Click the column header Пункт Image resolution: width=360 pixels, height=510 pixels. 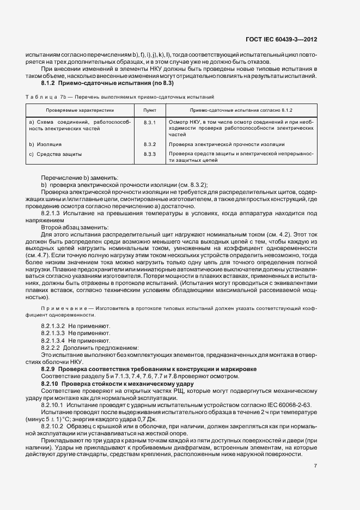tap(149, 110)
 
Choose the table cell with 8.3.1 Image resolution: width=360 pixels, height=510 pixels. tap(149, 122)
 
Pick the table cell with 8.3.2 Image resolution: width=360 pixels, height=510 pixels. tap(149, 144)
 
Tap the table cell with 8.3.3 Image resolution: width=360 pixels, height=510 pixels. tap(149, 155)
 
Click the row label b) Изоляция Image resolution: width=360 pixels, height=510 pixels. tap(45, 144)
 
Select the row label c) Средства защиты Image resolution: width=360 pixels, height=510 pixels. tap(55, 155)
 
